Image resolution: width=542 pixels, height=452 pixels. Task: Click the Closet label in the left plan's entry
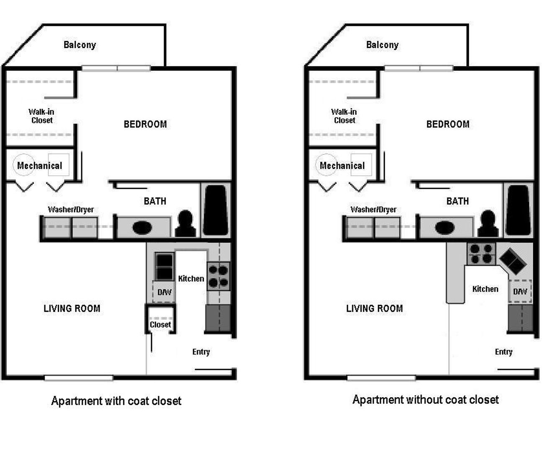pyautogui.click(x=160, y=324)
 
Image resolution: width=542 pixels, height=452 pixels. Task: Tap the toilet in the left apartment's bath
pyautogui.click(x=185, y=225)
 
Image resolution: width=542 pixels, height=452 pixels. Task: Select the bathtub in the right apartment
pyautogui.click(x=518, y=210)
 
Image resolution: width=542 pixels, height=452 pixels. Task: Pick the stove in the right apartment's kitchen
pyautogui.click(x=481, y=254)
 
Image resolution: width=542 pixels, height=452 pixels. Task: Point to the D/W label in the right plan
pyautogui.click(x=520, y=291)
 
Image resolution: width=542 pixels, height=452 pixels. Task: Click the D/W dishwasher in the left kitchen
pyautogui.click(x=164, y=292)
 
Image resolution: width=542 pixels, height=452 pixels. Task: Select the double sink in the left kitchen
pyautogui.click(x=164, y=267)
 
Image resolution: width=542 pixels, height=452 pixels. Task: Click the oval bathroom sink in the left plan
pyautogui.click(x=142, y=228)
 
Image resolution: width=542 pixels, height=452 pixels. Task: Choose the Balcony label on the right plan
pyautogui.click(x=382, y=45)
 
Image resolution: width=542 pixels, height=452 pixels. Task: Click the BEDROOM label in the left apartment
pyautogui.click(x=145, y=124)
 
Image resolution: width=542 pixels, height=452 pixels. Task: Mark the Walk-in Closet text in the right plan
pyautogui.click(x=344, y=116)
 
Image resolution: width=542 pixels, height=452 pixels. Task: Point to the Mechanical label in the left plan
pyautogui.click(x=39, y=165)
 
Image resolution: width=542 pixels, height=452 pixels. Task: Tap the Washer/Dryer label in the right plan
pyautogui.click(x=373, y=209)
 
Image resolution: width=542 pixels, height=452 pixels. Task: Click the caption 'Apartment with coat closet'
pyautogui.click(x=116, y=401)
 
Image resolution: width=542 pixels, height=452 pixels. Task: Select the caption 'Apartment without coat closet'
pyautogui.click(x=426, y=400)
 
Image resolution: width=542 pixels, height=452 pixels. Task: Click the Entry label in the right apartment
pyautogui.click(x=503, y=352)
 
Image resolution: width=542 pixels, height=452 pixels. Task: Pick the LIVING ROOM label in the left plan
pyautogui.click(x=72, y=308)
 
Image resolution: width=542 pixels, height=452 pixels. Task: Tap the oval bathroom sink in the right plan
pyautogui.click(x=445, y=228)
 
